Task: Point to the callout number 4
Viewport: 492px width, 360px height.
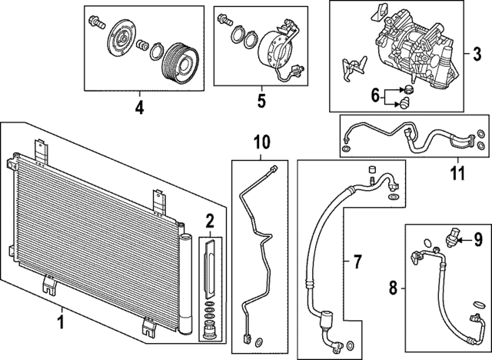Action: pos(139,108)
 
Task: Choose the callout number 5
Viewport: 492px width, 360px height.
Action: pos(261,100)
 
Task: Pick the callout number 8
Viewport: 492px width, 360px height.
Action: pos(393,289)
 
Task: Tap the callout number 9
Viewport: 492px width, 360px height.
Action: pos(477,240)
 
